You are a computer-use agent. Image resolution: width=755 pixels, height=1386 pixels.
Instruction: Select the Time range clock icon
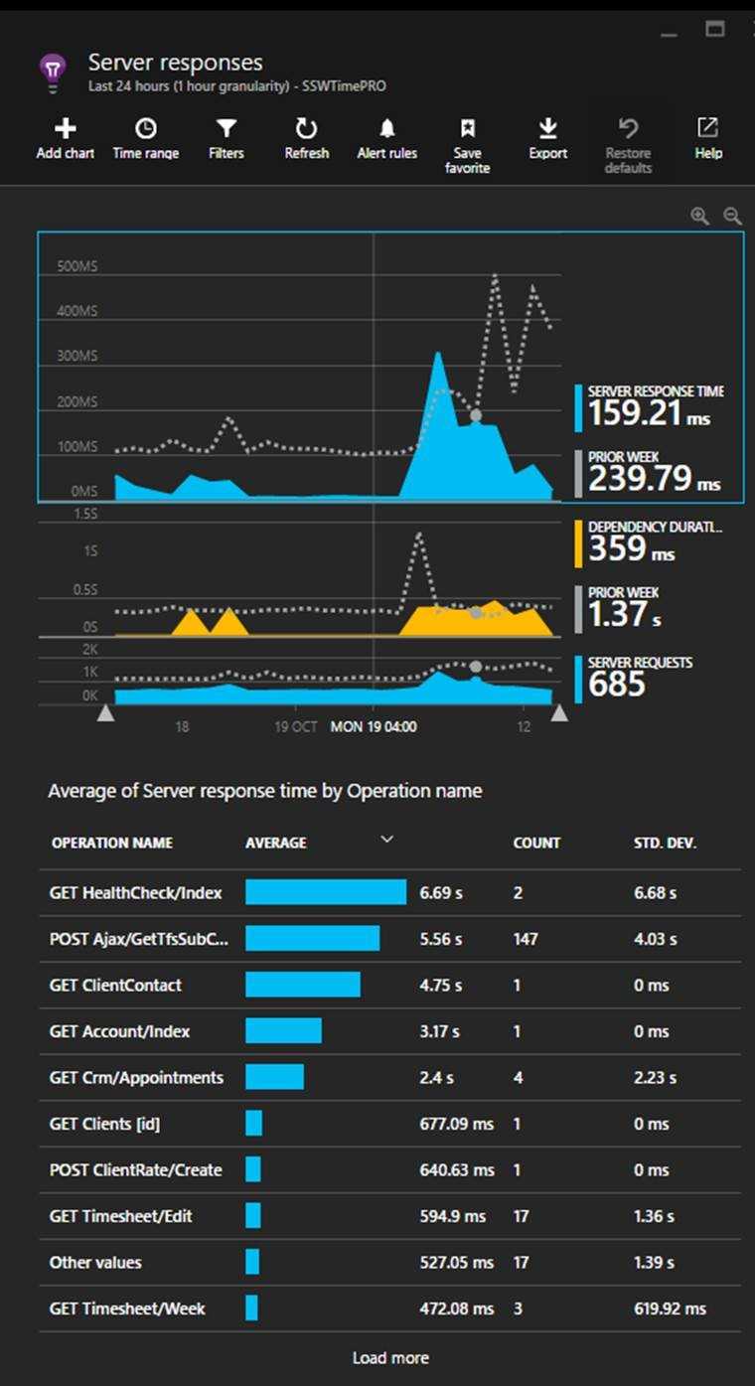146,128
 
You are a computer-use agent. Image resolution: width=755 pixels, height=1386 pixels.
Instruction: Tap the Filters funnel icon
226,128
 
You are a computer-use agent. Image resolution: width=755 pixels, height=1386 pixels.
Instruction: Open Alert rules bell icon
387,128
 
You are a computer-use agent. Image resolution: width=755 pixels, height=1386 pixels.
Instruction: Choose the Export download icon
547,128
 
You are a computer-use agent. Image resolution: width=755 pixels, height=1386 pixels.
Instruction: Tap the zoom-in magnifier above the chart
700,216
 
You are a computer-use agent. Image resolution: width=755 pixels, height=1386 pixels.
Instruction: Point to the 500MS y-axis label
76,267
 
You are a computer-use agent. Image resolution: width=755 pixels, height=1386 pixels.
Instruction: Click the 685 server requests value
617,685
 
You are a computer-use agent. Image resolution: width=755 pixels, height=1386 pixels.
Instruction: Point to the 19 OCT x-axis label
296,726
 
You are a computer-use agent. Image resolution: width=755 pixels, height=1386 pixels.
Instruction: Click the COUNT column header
536,843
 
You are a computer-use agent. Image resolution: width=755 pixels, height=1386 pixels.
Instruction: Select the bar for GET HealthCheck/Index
326,892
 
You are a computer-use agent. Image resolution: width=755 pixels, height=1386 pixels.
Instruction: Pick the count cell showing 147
526,939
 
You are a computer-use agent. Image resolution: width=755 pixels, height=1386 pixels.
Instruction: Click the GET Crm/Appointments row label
136,1077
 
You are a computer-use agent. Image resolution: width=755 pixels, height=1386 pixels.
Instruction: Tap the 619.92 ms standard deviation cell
671,1309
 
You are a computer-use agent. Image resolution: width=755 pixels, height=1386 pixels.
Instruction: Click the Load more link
390,1357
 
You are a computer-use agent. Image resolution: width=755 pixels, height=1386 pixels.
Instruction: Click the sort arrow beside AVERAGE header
387,841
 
